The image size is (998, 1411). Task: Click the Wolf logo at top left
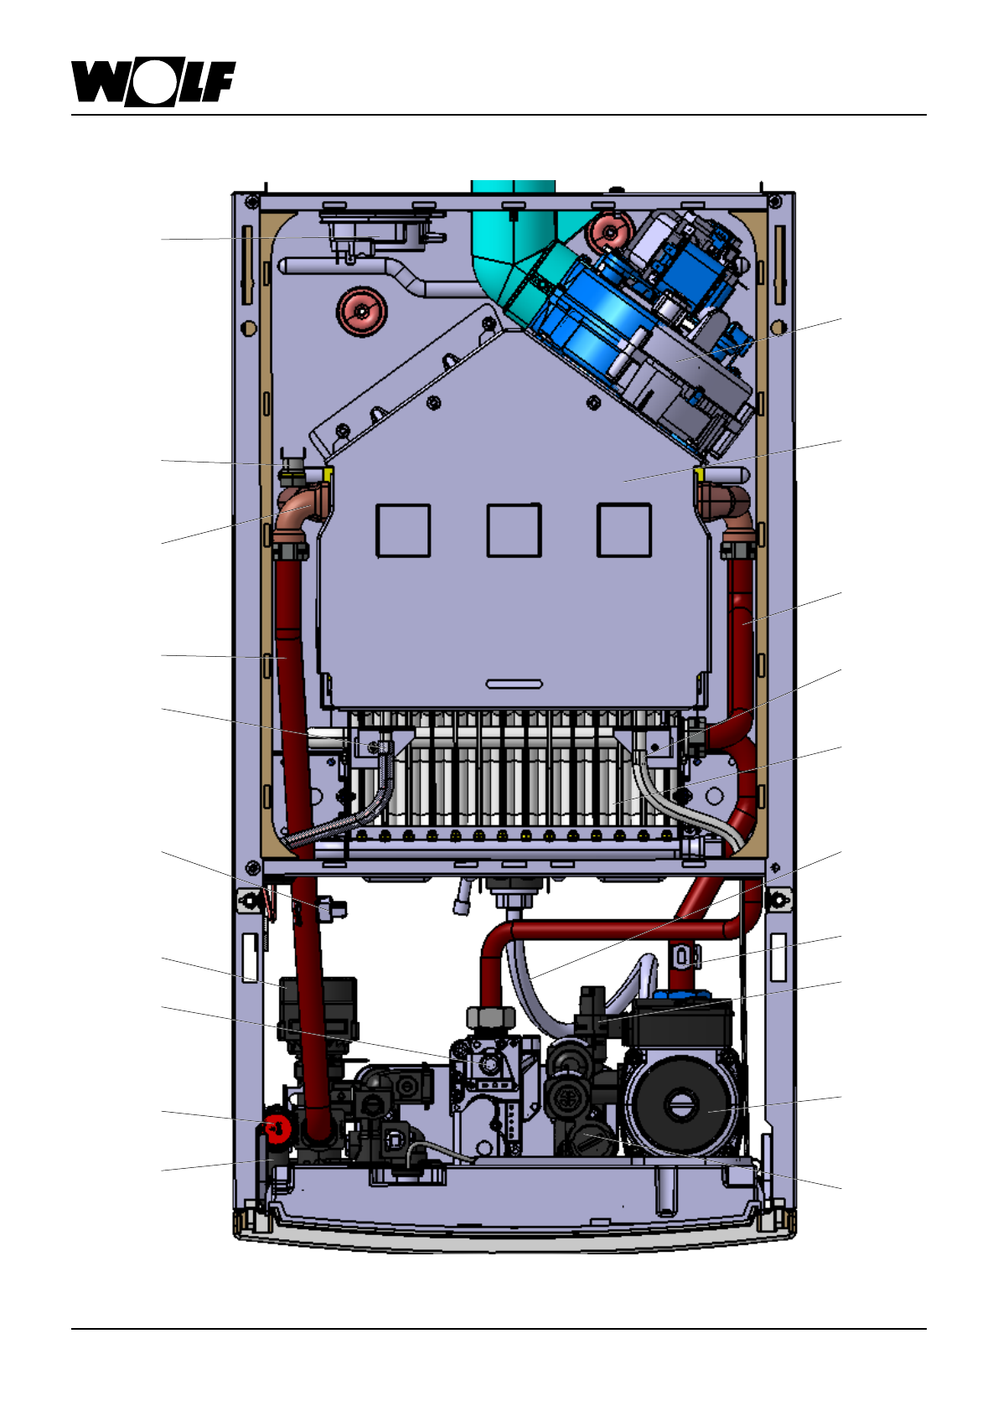click(153, 83)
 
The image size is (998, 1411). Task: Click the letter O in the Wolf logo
click(153, 84)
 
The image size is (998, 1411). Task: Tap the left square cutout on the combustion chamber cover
click(403, 530)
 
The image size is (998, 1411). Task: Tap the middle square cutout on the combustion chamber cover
click(514, 530)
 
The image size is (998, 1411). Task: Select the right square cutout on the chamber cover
click(623, 530)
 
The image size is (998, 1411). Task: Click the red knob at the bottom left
click(277, 1129)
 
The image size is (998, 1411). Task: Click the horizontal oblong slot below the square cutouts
click(515, 685)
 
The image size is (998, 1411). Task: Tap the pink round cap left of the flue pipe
click(361, 311)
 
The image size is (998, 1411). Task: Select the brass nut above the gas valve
click(491, 1018)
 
